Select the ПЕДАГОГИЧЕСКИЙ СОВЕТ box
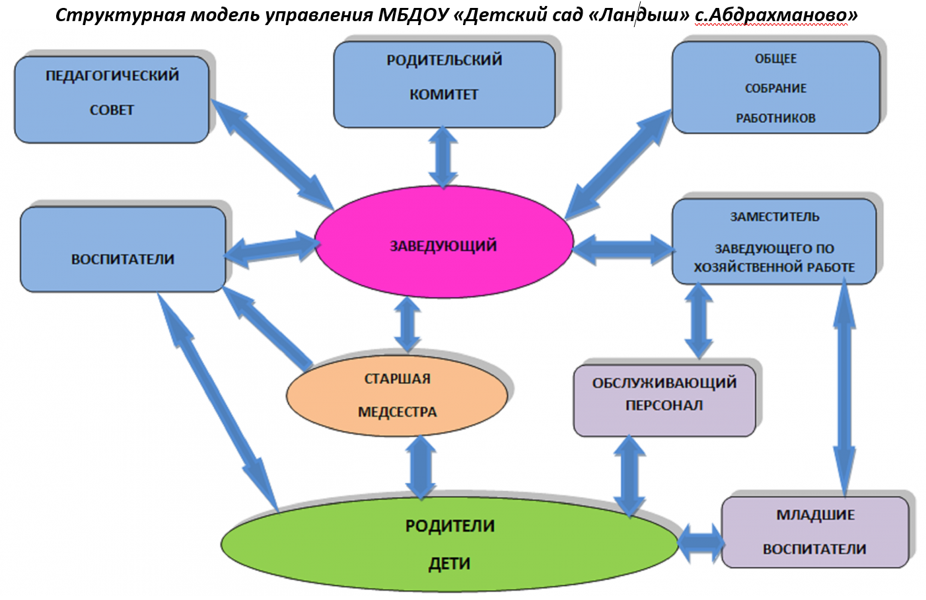click(x=112, y=99)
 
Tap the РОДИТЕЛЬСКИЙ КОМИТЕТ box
click(x=444, y=84)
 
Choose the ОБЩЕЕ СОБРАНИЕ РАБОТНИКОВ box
click(x=775, y=88)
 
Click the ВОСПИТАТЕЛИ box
click(x=123, y=250)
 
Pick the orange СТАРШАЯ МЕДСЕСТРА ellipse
click(x=397, y=395)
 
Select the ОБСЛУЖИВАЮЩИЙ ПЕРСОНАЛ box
click(x=664, y=400)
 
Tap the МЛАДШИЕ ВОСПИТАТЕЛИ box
click(x=815, y=532)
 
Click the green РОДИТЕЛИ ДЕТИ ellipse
click(x=450, y=544)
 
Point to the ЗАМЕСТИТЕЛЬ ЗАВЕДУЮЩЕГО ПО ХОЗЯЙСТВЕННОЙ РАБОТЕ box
click(x=774, y=242)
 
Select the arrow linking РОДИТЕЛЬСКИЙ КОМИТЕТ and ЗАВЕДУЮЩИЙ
click(x=443, y=157)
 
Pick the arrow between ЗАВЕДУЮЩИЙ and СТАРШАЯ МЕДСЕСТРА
click(x=408, y=324)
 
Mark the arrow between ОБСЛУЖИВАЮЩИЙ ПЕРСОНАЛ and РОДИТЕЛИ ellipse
click(x=629, y=475)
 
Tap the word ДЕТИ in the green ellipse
click(x=450, y=564)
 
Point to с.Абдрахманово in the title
click(x=775, y=15)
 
